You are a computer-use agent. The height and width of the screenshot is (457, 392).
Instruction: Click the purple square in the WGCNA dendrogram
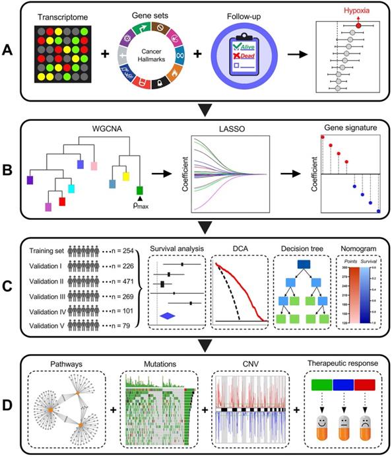30,179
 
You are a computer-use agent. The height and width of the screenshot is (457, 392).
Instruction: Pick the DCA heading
239,248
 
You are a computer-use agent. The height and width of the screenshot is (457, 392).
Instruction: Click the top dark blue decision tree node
304,265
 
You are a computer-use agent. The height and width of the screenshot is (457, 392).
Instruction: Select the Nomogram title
358,248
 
